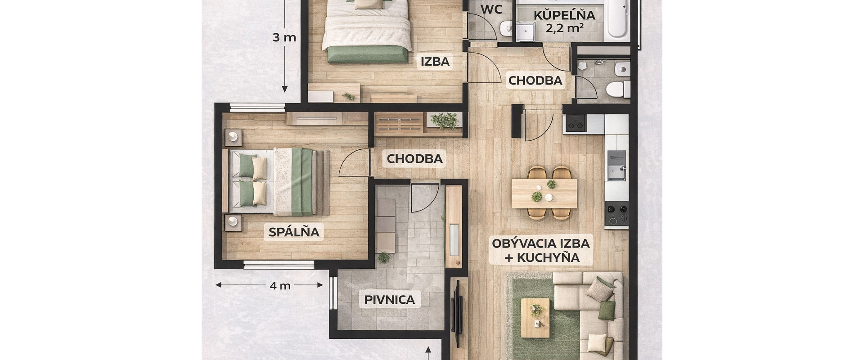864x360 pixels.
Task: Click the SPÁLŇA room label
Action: point(294,232)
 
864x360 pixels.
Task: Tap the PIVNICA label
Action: point(389,300)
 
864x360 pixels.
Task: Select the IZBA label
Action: point(435,62)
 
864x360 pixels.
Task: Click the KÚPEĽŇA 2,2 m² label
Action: point(564,21)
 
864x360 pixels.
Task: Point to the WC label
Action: point(491,9)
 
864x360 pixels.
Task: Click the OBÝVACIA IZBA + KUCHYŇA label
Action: point(540,250)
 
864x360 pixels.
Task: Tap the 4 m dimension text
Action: point(280,285)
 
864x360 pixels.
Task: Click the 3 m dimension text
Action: point(284,37)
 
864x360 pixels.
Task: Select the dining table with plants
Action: point(544,193)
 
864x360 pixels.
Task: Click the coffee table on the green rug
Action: point(535,317)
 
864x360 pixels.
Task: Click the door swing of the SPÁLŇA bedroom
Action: point(355,163)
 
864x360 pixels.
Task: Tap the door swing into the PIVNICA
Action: point(424,198)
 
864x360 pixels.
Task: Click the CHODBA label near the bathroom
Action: point(535,81)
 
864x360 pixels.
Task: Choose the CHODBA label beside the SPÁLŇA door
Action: point(414,159)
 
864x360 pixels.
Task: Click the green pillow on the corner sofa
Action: point(606,310)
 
